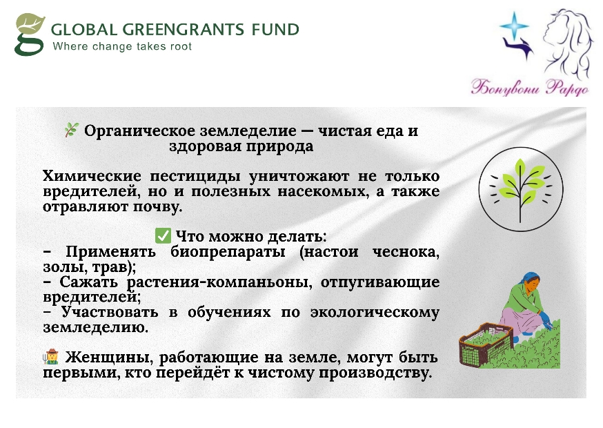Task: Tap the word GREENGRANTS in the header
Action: [183, 30]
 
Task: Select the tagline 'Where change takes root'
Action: [122, 46]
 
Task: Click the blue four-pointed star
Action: [514, 26]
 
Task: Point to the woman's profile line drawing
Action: [566, 41]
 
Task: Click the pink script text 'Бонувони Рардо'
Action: [530, 88]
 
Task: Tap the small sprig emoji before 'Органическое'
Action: [72, 130]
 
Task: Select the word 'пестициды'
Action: [195, 176]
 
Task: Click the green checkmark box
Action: [163, 235]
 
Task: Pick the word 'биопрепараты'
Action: [228, 252]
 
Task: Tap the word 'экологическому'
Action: [375, 313]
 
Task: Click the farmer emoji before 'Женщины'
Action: [51, 356]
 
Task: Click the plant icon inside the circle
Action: [521, 188]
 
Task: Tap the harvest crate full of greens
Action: [486, 345]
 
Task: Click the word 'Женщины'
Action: [107, 358]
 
